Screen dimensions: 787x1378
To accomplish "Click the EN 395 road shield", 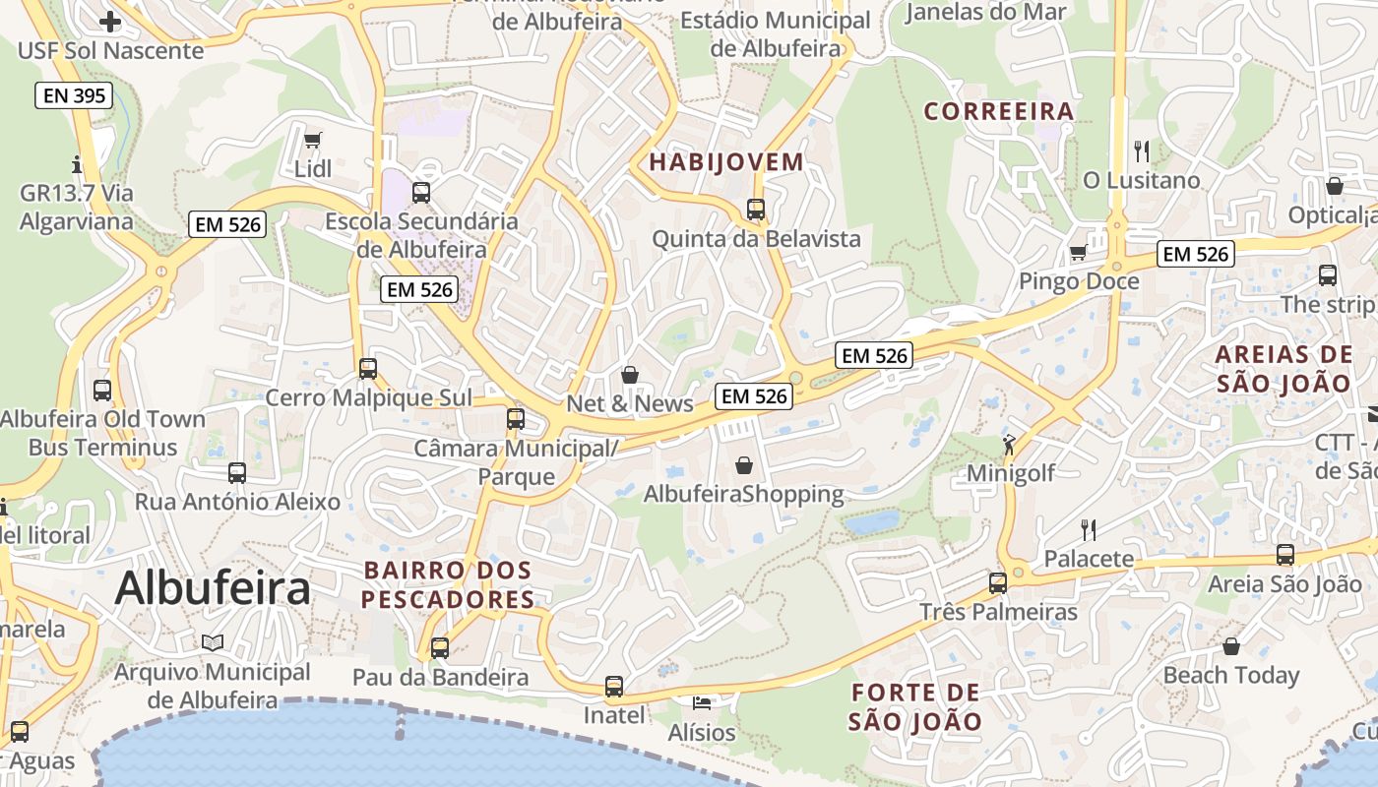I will tap(74, 95).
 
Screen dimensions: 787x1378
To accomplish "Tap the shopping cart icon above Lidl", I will tap(313, 140).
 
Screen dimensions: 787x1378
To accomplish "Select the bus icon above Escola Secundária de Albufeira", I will tap(421, 192).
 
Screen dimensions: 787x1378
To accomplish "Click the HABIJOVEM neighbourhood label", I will tap(726, 162).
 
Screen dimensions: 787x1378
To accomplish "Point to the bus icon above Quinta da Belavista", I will tap(756, 209).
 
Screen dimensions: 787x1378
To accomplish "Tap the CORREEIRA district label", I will tap(998, 111).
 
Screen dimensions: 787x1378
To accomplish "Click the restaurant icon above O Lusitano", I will tap(1142, 151).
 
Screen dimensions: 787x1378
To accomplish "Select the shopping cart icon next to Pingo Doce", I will tap(1078, 253).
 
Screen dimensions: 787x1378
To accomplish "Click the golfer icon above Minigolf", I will tap(1009, 444).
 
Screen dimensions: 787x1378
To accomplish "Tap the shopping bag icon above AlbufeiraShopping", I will tap(744, 464).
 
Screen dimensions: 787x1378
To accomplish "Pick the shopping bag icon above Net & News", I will tap(630, 375).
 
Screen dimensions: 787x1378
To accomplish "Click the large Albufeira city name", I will tap(213, 588).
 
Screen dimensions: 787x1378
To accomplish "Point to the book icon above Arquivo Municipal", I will tap(213, 642).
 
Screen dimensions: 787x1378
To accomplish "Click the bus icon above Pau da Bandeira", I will tap(440, 647).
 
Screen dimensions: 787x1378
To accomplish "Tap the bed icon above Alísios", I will tap(701, 703).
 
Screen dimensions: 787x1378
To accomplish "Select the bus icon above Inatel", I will tap(614, 686).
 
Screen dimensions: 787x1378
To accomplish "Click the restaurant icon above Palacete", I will tap(1089, 529).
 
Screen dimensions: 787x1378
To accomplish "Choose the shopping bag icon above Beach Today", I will tap(1230, 646).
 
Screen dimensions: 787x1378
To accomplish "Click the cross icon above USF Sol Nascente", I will tap(110, 21).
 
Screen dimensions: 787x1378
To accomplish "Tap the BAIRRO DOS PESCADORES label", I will tap(448, 584).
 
